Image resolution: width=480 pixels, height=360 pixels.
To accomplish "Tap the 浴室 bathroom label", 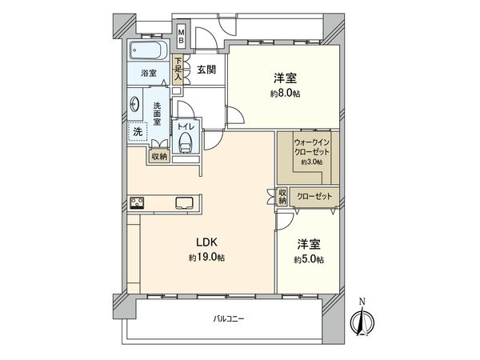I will click(x=149, y=73).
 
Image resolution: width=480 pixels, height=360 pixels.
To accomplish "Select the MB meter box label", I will click(x=182, y=35).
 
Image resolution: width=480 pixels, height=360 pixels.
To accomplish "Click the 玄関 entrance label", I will click(x=206, y=70).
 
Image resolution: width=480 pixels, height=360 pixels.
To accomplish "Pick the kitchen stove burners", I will click(x=136, y=202).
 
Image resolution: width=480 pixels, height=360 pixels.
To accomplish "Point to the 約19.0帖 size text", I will click(x=206, y=258).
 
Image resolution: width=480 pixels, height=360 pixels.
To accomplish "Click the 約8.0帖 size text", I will click(x=286, y=93).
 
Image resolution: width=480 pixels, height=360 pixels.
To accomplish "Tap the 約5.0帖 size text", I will click(x=308, y=260).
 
